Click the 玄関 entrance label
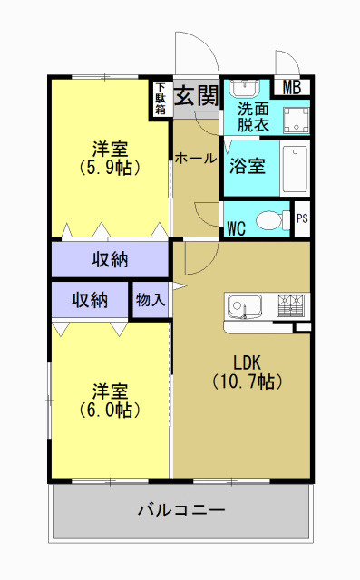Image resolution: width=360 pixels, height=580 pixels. (x=196, y=93)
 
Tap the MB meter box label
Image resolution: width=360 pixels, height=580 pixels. (x=292, y=88)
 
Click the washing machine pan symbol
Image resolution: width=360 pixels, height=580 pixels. (x=295, y=120)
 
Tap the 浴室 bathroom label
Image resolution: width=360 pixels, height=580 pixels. (x=247, y=167)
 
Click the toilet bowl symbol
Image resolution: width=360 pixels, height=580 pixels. (x=270, y=219)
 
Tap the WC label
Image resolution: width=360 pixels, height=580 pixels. (x=237, y=226)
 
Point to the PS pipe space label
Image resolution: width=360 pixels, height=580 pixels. (x=302, y=218)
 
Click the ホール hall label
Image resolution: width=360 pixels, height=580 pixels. (x=196, y=159)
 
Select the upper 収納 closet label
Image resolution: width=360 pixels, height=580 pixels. (x=111, y=260)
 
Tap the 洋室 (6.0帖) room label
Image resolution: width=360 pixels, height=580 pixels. (x=109, y=400)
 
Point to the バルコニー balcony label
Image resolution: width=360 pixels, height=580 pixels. (x=181, y=509)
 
